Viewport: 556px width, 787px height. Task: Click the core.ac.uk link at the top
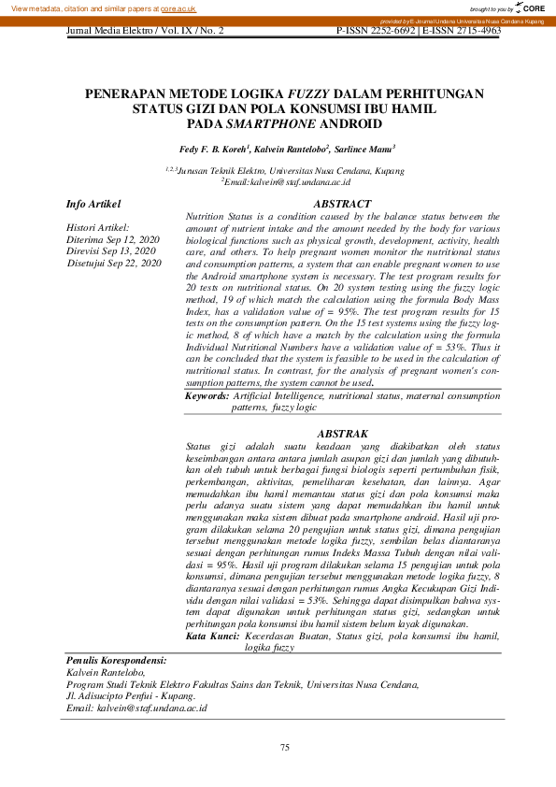pos(178,7)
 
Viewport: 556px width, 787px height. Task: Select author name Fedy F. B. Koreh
pos(214,149)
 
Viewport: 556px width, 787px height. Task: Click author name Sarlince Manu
pos(365,149)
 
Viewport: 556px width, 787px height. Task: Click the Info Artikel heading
pos(93,204)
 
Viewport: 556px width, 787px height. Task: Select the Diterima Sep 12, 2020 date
pos(112,240)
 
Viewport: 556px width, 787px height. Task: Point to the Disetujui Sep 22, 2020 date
pos(114,264)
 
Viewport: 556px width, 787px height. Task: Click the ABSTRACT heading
pos(342,204)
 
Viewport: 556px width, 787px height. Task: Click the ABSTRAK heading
pos(342,434)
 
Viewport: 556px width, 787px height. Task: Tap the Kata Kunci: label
pos(211,636)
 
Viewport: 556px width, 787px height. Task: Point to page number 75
pos(286,747)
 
